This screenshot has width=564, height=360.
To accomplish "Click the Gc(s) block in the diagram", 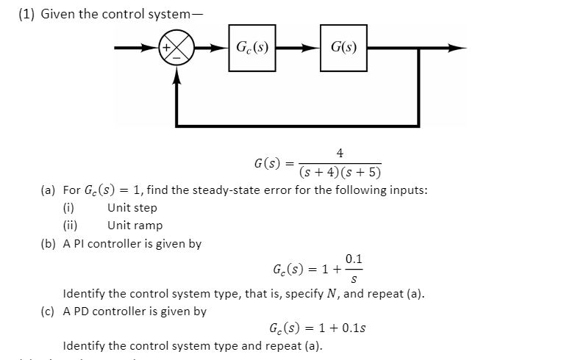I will [x=251, y=48].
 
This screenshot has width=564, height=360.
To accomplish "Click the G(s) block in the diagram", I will [x=343, y=48].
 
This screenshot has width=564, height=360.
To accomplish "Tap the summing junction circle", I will [x=177, y=49].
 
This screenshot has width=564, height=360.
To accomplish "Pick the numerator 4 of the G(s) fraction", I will [x=339, y=153].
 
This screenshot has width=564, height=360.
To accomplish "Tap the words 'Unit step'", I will [x=132, y=208].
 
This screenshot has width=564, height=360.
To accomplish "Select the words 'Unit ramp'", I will [x=135, y=226].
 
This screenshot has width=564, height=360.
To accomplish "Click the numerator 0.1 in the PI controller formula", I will [x=353, y=259].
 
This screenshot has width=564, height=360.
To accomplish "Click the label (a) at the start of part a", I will [x=49, y=190].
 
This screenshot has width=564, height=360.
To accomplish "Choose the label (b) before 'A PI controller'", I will [x=49, y=243].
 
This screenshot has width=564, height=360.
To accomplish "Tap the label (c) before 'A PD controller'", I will [x=49, y=311].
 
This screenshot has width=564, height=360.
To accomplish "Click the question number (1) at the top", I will [x=27, y=14].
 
